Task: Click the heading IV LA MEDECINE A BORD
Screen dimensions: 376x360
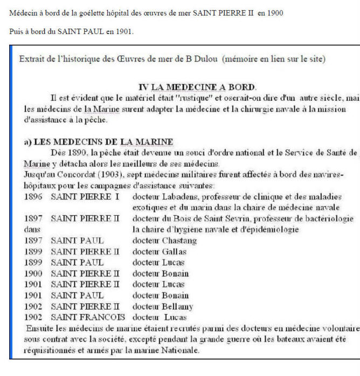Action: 197,87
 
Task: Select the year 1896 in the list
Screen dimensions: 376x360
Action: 33,196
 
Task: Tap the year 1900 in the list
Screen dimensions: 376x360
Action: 33,274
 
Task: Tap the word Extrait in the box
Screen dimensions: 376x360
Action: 32,59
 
